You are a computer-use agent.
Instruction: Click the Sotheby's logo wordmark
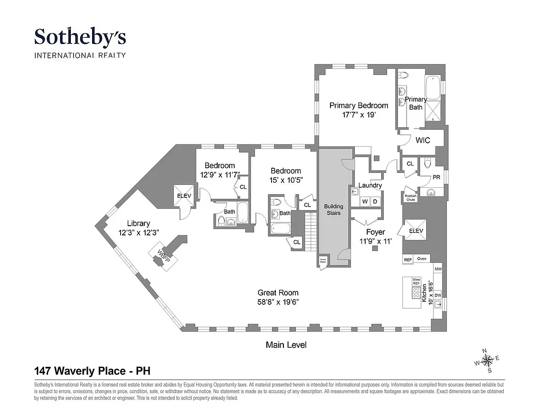click(80, 37)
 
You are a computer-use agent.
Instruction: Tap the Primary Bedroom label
click(358, 106)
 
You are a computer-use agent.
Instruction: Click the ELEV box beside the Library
click(184, 196)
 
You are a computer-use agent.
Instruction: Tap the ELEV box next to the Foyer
click(416, 231)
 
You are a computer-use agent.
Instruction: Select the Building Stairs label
click(334, 210)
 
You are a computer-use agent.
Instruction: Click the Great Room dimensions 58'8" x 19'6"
click(278, 302)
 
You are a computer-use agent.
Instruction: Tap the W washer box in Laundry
click(365, 201)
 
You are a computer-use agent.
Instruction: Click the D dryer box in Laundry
click(376, 201)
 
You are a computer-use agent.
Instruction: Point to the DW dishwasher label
click(438, 295)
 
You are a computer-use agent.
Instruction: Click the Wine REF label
click(416, 282)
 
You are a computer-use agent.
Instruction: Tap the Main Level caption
click(286, 345)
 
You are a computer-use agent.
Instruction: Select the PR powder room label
click(436, 176)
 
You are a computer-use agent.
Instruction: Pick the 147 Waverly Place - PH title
click(93, 371)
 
